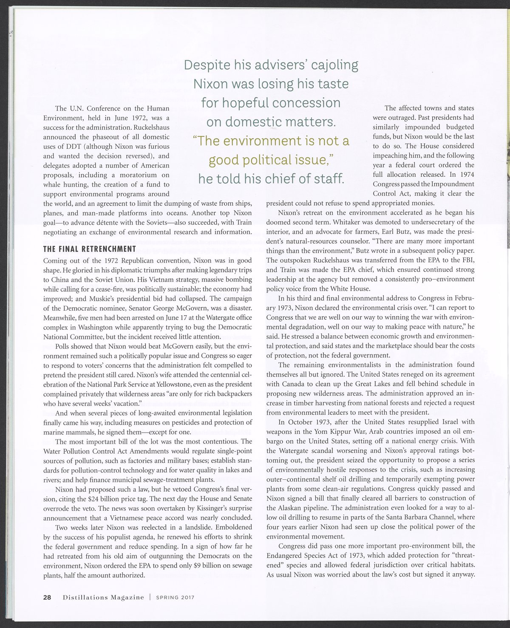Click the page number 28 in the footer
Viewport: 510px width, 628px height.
point(47,597)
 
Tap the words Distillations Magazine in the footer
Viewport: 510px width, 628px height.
point(104,597)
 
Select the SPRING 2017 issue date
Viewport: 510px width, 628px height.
point(175,597)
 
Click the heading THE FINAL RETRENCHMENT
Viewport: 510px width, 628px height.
point(90,249)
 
